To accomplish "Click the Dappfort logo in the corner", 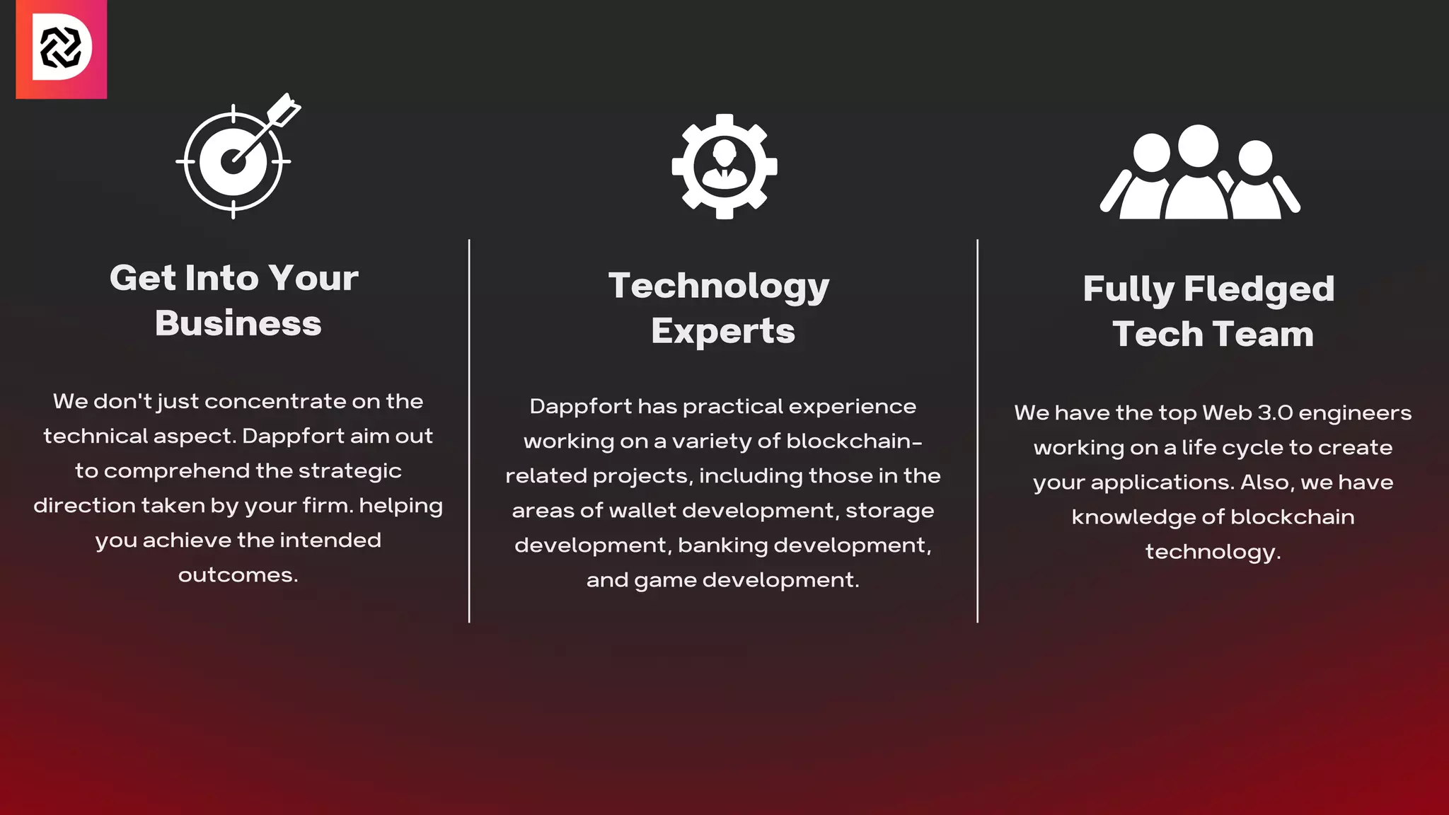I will tap(62, 49).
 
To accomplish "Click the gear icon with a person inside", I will tap(724, 167).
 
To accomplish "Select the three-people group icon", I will tap(1200, 173).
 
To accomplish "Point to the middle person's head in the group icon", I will tap(1198, 146).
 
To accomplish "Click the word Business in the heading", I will tap(238, 323).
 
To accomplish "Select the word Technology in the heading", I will tap(718, 287).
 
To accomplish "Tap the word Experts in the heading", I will tap(723, 331).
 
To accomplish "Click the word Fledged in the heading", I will tap(1259, 289).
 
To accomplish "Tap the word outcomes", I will tap(238, 575).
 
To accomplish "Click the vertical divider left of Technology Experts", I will tap(469, 431).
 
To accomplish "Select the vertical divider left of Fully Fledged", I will tap(977, 431).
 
